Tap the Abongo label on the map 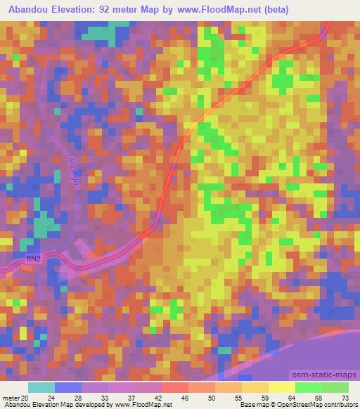point(73,171)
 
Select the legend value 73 point(345,398)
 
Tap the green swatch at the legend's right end point(335,387)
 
